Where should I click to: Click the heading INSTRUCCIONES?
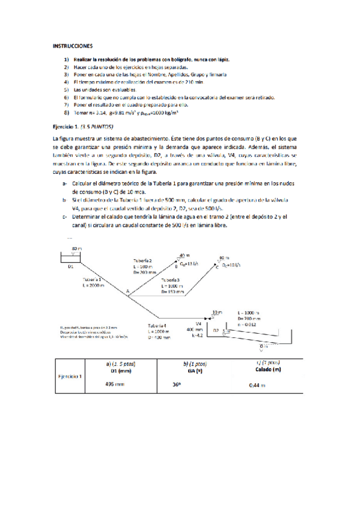73,45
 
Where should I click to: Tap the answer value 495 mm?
114,383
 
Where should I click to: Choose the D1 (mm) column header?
114,370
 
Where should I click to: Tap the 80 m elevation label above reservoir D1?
77,248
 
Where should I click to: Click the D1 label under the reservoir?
70,265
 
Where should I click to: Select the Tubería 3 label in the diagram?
172,280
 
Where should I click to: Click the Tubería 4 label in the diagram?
159,325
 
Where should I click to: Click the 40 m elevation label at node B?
184,255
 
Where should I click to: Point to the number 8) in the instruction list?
66,112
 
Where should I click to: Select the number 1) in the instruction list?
66,60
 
